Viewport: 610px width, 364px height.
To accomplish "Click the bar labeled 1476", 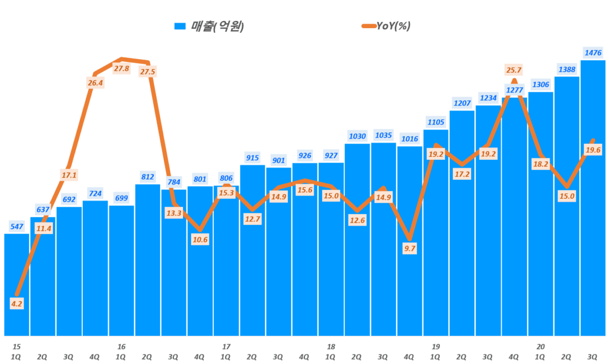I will click(593, 197).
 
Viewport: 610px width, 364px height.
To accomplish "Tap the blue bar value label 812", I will click(148, 177).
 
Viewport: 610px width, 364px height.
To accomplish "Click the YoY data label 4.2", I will click(17, 304).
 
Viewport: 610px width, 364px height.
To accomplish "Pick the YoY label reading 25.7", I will click(514, 70).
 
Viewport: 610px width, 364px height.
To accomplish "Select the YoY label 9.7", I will click(409, 249).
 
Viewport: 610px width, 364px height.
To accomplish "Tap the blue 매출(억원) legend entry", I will click(209, 26).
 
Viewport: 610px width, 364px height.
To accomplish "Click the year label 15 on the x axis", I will click(17, 347).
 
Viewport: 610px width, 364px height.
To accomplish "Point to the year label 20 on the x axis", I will click(540, 347).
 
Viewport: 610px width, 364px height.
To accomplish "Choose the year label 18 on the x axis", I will click(331, 347).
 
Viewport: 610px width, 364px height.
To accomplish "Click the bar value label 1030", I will click(357, 136).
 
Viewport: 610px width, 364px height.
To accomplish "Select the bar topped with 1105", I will click(435, 233).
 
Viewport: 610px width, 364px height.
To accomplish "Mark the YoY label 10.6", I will click(200, 240).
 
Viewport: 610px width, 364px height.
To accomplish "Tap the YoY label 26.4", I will click(95, 83).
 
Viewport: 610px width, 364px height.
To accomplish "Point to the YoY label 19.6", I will click(593, 150).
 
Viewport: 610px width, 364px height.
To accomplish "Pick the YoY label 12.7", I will click(252, 218).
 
